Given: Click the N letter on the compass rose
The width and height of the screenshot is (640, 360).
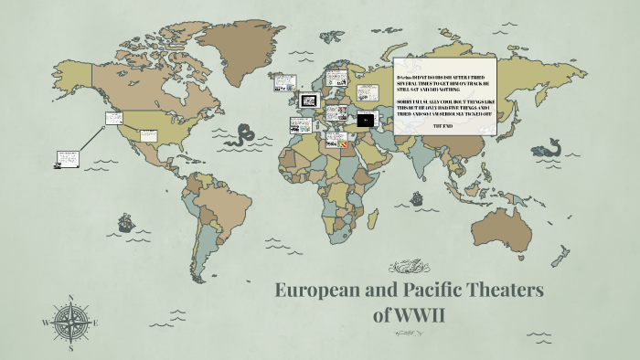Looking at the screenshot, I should (x=70, y=297).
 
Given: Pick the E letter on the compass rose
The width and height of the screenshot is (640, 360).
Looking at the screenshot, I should (x=96, y=323).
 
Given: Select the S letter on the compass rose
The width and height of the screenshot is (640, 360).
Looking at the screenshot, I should (x=70, y=348).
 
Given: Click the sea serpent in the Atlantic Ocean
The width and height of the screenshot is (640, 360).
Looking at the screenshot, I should (x=242, y=136).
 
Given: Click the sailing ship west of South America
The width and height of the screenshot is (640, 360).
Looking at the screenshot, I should (x=124, y=222).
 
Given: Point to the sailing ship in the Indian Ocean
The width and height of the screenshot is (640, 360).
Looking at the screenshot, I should (x=416, y=197).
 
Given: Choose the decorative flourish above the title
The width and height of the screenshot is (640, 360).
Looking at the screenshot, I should (x=410, y=268).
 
